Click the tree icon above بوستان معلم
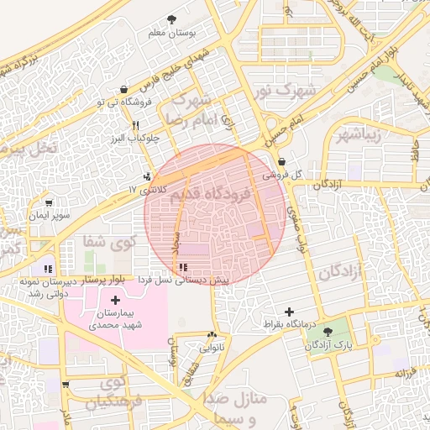click(x=172, y=18)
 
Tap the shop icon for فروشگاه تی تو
click(x=124, y=89)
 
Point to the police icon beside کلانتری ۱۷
click(x=147, y=177)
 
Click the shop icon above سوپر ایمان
click(x=48, y=202)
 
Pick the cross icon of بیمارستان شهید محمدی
click(x=114, y=300)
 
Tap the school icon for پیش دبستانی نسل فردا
click(x=183, y=267)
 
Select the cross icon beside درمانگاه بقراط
click(x=289, y=312)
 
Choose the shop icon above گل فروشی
click(x=281, y=161)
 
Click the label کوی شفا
click(x=98, y=242)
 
